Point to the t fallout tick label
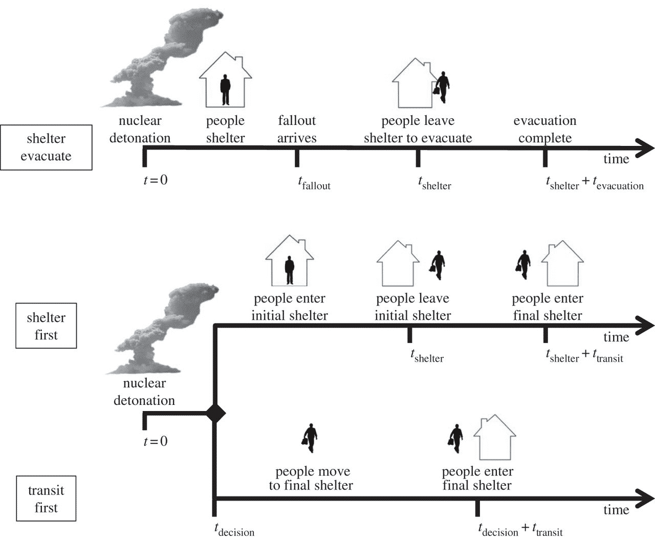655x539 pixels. click(314, 183)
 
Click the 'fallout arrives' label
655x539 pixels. click(297, 129)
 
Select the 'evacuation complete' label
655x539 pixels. click(545, 129)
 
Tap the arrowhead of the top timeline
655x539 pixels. click(645, 148)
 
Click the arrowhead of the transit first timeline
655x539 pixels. click(645, 499)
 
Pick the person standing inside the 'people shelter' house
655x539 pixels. click(226, 90)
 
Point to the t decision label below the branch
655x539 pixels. click(234, 530)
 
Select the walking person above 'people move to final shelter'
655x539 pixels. click(310, 438)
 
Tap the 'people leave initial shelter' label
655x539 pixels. click(413, 307)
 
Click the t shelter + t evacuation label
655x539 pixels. click(595, 183)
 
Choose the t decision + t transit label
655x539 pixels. click(520, 530)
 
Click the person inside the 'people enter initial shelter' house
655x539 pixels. click(290, 270)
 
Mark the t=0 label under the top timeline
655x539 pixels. click(156, 180)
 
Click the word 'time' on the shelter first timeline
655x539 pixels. click(616, 337)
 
